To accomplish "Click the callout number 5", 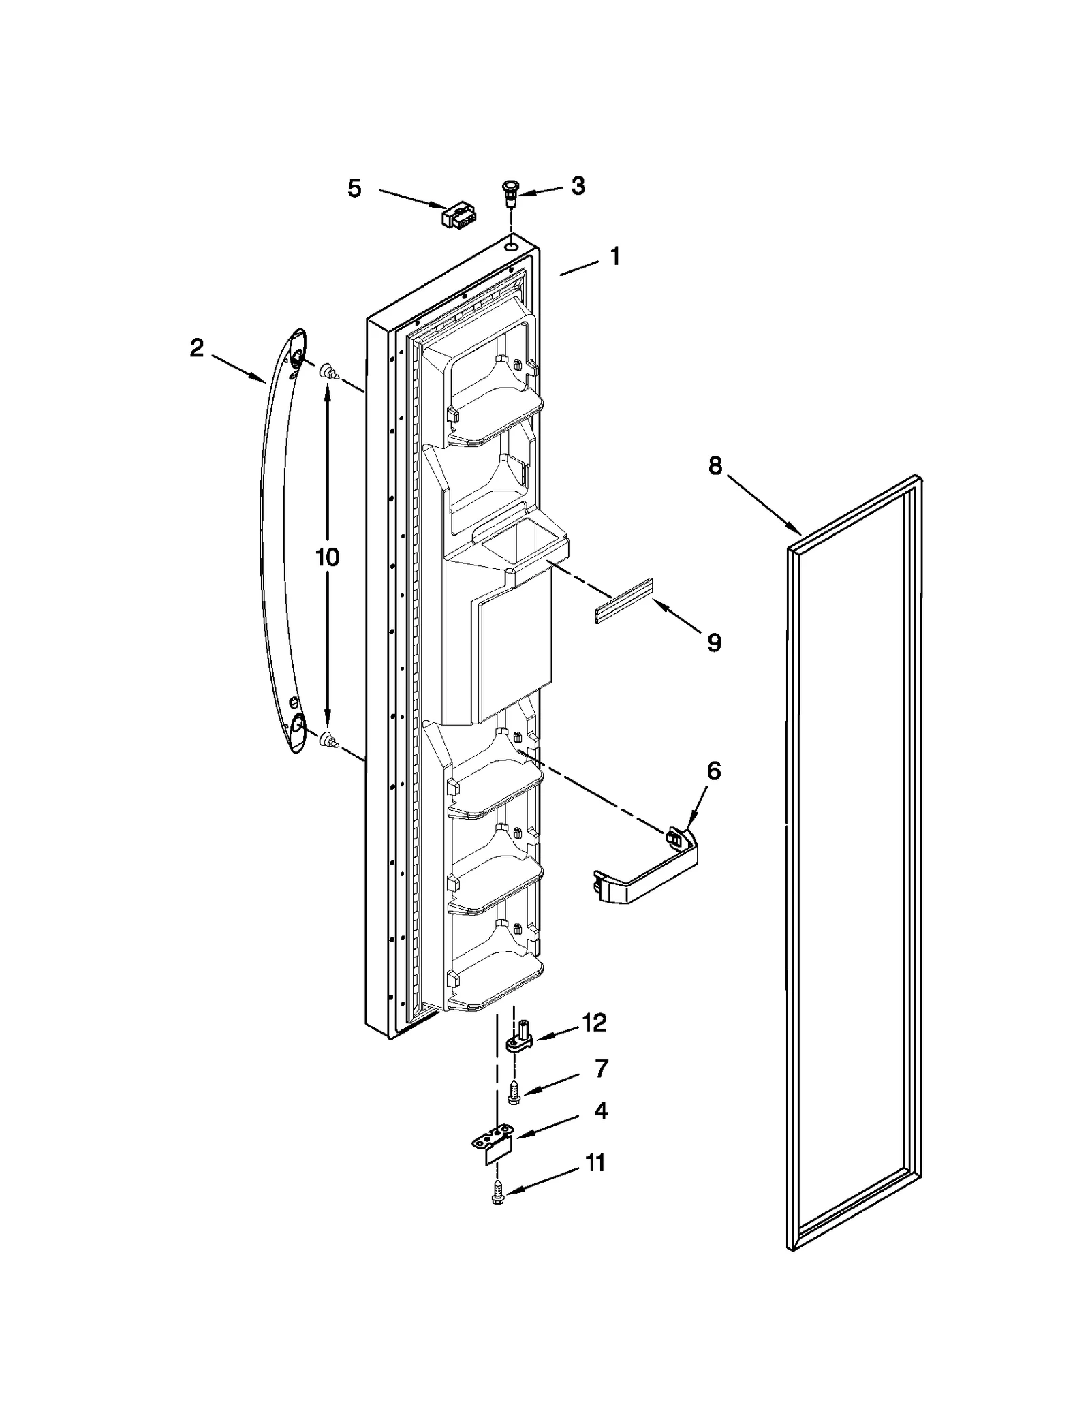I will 354,189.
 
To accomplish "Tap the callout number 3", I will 578,186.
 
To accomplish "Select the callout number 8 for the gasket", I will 715,467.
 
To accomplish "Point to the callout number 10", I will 327,557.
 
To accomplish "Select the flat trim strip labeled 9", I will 623,601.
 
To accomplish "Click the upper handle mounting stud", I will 329,372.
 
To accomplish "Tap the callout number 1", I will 614,257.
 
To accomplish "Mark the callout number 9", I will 713,642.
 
